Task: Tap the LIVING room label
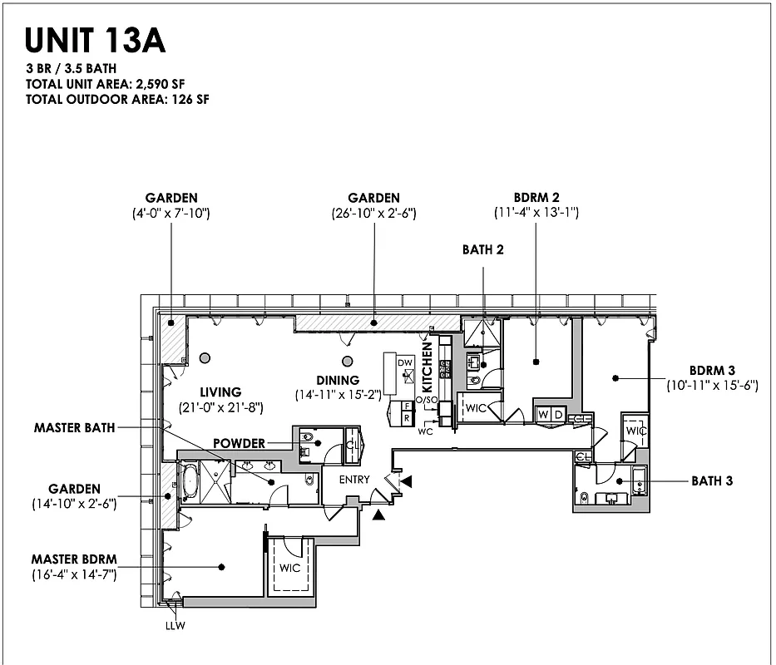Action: [220, 392]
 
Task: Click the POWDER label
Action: [239, 443]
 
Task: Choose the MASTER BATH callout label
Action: [74, 428]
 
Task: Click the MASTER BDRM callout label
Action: [73, 559]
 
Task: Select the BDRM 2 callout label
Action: [536, 198]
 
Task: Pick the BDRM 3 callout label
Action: [712, 370]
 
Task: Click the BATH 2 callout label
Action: [483, 249]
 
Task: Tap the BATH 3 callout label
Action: [712, 480]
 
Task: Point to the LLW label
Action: [174, 626]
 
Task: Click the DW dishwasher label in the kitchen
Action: [405, 363]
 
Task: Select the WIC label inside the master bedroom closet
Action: [290, 569]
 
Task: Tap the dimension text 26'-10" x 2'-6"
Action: [373, 213]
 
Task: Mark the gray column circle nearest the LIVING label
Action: [205, 358]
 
